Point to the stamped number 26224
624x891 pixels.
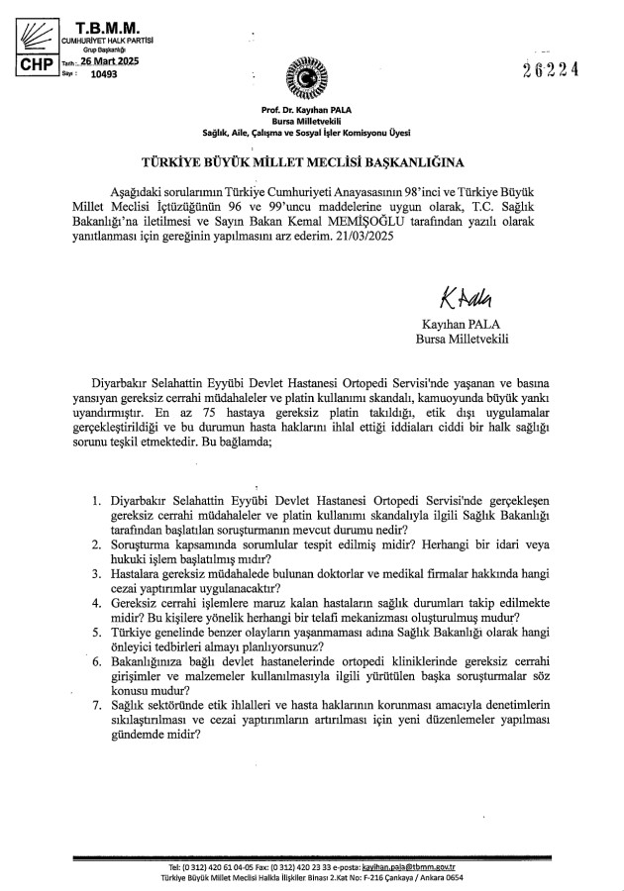[x=566, y=68]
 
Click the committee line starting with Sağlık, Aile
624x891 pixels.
[x=312, y=132]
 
